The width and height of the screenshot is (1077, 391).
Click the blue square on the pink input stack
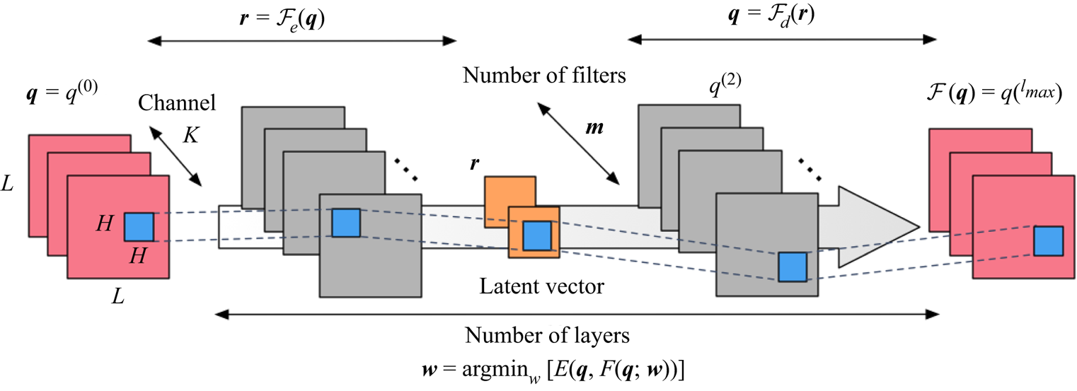coord(139,227)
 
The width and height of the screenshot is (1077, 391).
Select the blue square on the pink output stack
coord(1048,240)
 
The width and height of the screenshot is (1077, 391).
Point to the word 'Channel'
coord(177,103)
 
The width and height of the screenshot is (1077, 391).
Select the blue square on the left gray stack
coord(346,222)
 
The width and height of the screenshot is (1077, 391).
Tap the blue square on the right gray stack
coord(792,267)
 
